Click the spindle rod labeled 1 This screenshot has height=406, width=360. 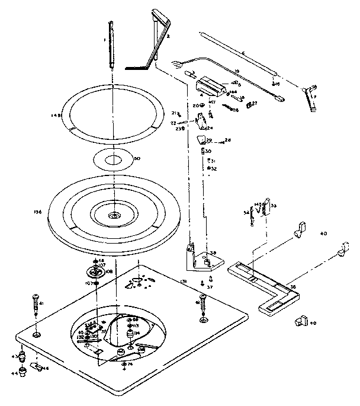pyautogui.click(x=112, y=44)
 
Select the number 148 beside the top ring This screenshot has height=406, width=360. pyautogui.click(x=57, y=116)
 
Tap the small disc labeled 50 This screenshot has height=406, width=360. pyautogui.click(x=112, y=160)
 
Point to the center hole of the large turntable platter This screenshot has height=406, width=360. pyautogui.click(x=112, y=216)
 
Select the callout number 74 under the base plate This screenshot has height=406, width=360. pyautogui.click(x=131, y=365)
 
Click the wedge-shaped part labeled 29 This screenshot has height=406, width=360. pyautogui.click(x=202, y=140)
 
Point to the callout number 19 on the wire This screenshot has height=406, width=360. pyautogui.click(x=237, y=72)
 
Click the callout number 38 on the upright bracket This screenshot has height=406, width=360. pyautogui.click(x=213, y=252)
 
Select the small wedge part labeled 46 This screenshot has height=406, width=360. pyautogui.click(x=40, y=368)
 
